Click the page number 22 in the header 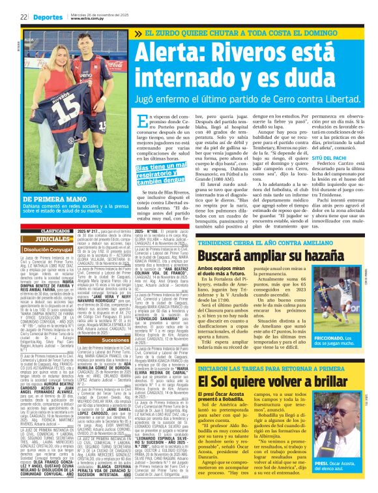(x=23, y=17)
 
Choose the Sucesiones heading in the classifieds (x=115, y=340)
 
